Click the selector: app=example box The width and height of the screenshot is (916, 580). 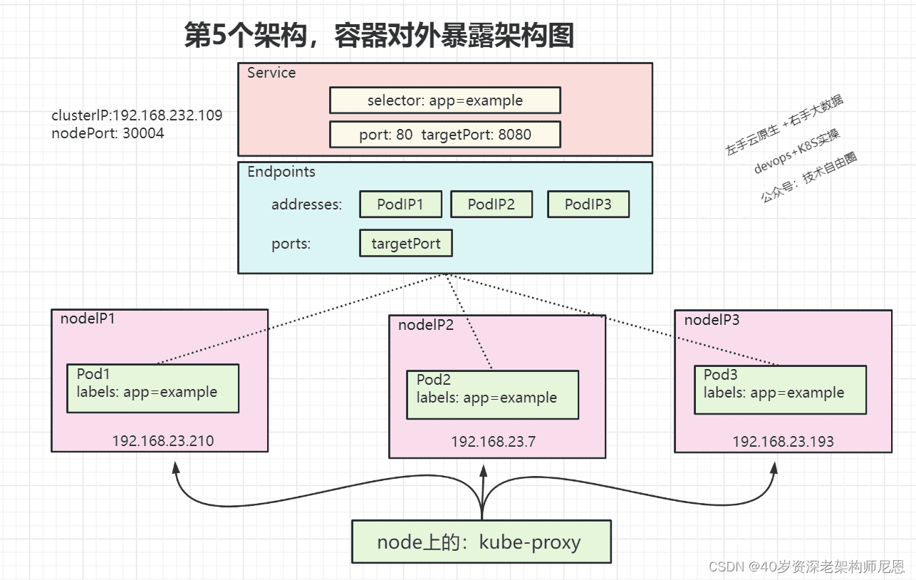coord(445,100)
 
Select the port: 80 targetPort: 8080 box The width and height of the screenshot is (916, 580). coord(445,135)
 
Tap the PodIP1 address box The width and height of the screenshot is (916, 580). coord(401,204)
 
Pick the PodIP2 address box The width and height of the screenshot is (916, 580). coord(491,204)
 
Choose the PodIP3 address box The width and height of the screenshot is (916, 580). coord(588,204)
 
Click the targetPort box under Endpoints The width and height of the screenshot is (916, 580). coord(406,244)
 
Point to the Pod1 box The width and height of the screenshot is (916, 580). coord(153,388)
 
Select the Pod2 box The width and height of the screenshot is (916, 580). coord(493,395)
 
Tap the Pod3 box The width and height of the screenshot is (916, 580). coord(780,390)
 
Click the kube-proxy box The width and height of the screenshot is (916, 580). coord(482,542)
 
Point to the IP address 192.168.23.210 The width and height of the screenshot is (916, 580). coord(163,441)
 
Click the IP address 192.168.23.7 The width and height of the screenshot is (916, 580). coord(493,442)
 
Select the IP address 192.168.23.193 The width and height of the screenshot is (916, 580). coord(783,442)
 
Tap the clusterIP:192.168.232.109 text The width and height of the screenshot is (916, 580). coord(137,115)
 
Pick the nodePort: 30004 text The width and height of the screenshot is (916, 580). coord(108,133)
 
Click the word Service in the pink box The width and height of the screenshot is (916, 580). coord(271,73)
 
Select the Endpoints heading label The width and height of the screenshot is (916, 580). coord(281,172)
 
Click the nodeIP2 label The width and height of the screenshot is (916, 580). coord(426,325)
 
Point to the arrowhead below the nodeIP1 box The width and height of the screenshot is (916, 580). coord(176,467)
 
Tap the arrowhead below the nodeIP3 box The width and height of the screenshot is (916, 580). coord(774,468)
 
